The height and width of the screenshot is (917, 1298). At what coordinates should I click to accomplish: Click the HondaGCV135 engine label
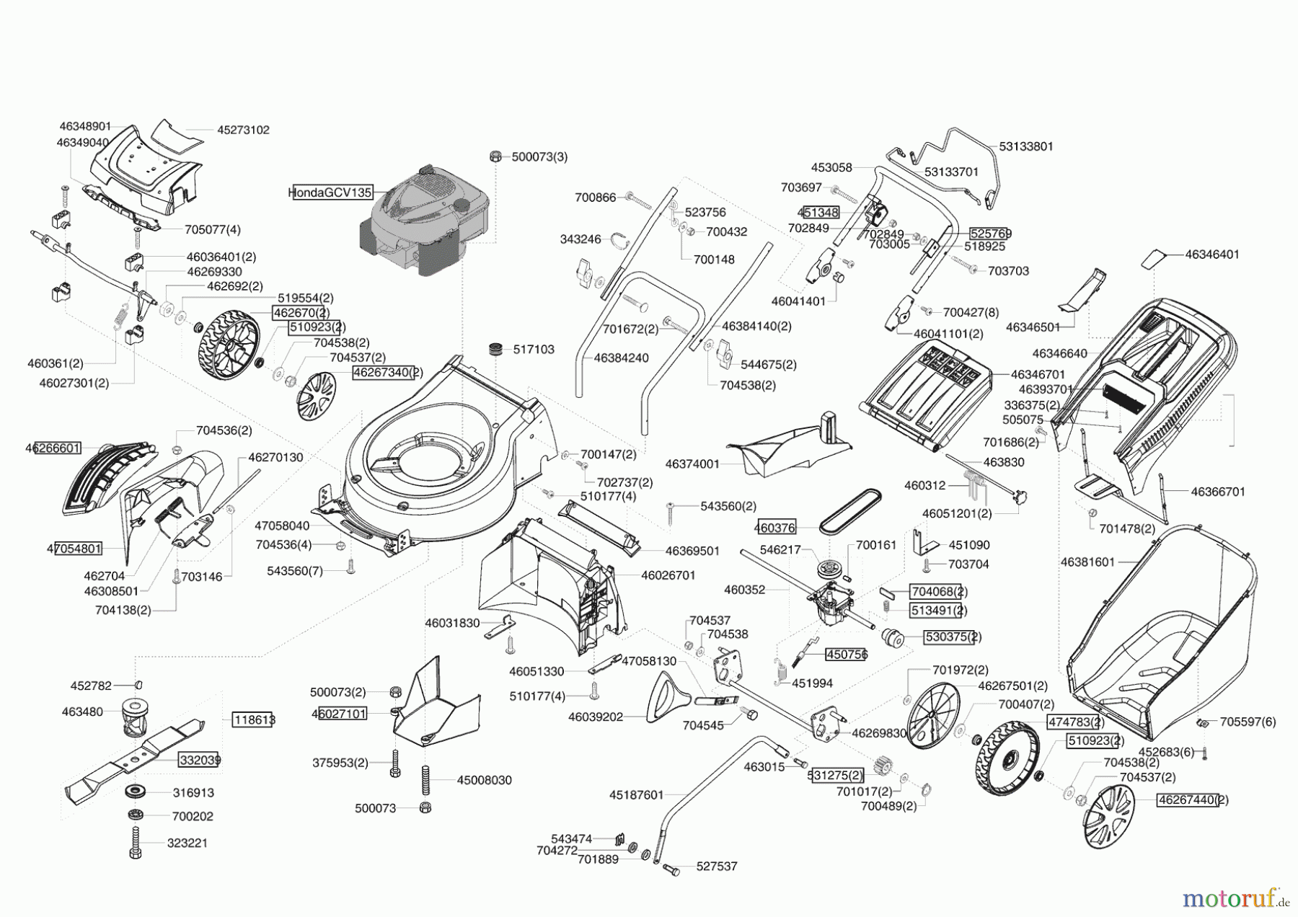(330, 192)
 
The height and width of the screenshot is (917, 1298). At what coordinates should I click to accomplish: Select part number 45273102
(243, 130)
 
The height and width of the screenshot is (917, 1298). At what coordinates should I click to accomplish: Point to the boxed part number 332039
(200, 760)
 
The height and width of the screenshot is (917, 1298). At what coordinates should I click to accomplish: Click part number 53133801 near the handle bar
(1025, 146)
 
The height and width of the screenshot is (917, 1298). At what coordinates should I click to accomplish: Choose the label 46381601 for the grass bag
(1087, 562)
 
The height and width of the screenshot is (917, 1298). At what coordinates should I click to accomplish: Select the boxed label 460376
(775, 528)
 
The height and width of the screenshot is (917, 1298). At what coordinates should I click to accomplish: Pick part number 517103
(534, 350)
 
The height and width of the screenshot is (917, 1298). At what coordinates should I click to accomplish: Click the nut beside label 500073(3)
(495, 156)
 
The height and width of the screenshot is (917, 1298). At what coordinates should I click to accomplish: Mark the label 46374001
(692, 464)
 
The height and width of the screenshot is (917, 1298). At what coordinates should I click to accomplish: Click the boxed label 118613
(253, 719)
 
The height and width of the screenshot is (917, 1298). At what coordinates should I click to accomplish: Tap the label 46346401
(1212, 254)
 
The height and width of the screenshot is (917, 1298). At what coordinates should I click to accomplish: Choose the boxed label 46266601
(53, 448)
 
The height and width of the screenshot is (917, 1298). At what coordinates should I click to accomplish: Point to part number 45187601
(636, 795)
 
